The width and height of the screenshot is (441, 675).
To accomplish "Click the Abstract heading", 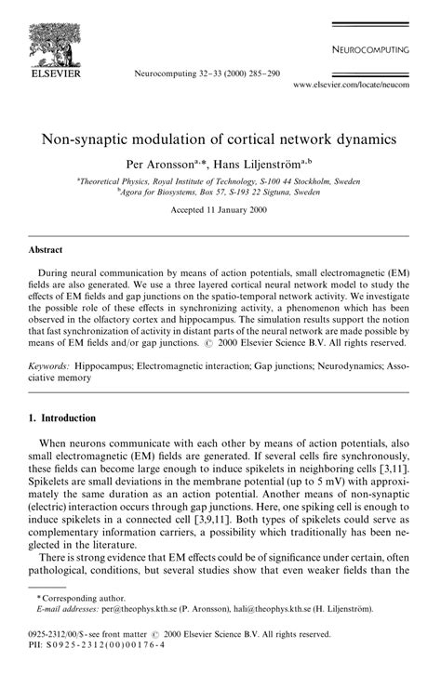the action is (x=46, y=250).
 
